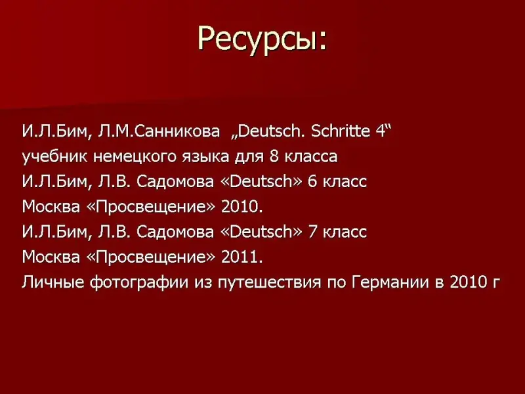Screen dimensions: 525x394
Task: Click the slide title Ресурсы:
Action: click(262, 39)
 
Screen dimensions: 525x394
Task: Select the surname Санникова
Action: click(178, 131)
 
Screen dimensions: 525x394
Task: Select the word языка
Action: click(205, 157)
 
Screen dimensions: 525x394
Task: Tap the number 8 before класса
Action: click(274, 156)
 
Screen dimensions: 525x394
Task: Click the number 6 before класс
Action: click(312, 182)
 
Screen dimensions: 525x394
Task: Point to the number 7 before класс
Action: click(312, 232)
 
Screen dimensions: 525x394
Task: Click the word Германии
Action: click(390, 282)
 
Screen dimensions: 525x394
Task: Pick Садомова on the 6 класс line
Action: click(175, 182)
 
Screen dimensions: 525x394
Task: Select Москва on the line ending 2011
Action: click(51, 257)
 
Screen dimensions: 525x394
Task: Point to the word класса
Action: click(311, 157)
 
